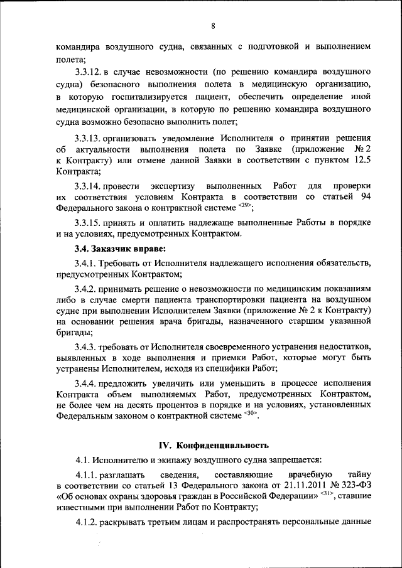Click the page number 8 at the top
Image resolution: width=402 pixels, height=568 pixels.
213,26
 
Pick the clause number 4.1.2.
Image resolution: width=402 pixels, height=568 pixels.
87,523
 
